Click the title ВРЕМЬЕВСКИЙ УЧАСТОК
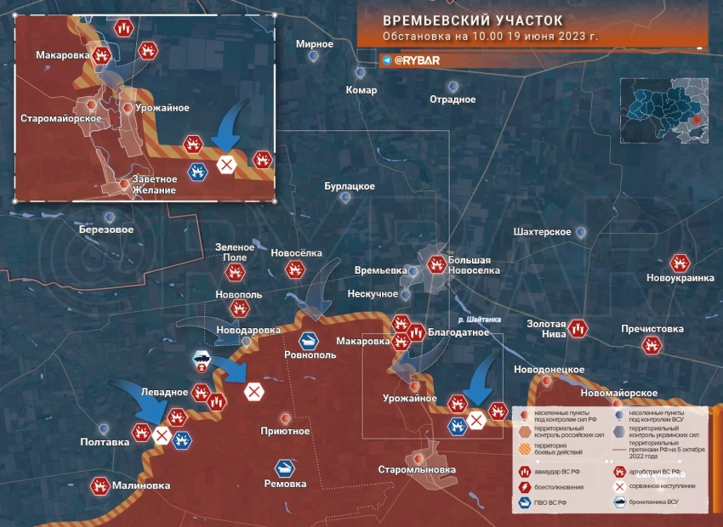pos(472,20)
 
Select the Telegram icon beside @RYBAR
pos(387,61)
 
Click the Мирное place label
pos(314,44)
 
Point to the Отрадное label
pos(453,99)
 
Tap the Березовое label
pos(105,229)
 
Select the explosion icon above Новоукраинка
pos(679,263)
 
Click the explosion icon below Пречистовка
pos(652,344)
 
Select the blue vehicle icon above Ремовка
pos(285,467)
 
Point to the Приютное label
pos(285,431)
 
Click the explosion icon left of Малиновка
pos(100,486)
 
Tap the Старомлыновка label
pos(417,469)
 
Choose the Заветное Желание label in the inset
pos(154,184)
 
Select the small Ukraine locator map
pos(664,109)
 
